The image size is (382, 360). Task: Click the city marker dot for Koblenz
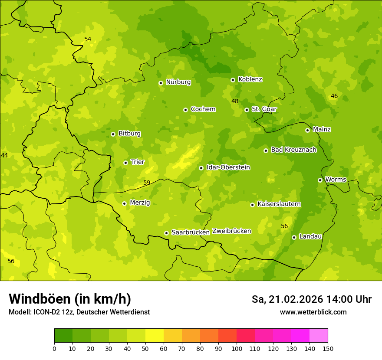pyautogui.click(x=233, y=80)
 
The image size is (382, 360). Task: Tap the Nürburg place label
pyautogui.click(x=178, y=82)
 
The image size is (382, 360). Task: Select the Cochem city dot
pyautogui.click(x=185, y=110)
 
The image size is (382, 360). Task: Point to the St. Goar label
pyautogui.click(x=264, y=109)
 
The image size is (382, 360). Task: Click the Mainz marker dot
pyautogui.click(x=307, y=130)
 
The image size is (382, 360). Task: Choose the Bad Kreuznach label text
pyautogui.click(x=293, y=150)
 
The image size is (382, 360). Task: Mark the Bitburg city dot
pyautogui.click(x=113, y=134)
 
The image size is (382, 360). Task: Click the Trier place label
pyautogui.click(x=138, y=162)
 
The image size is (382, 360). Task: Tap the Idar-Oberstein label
pyautogui.click(x=228, y=167)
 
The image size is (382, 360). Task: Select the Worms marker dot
pyautogui.click(x=320, y=180)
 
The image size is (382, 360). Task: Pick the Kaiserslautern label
pyautogui.click(x=279, y=204)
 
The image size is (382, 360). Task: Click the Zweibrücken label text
pyautogui.click(x=231, y=231)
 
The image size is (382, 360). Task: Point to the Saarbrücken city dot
pyautogui.click(x=166, y=233)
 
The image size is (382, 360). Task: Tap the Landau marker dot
pyautogui.click(x=294, y=237)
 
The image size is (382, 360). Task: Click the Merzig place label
pyautogui.click(x=140, y=203)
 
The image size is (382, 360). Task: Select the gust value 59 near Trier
pyautogui.click(x=147, y=183)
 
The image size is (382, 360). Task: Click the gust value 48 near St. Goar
pyautogui.click(x=235, y=101)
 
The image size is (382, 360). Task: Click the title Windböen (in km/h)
pyautogui.click(x=70, y=299)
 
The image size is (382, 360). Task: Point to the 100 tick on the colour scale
pyautogui.click(x=237, y=348)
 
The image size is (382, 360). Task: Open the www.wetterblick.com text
pyautogui.click(x=313, y=312)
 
